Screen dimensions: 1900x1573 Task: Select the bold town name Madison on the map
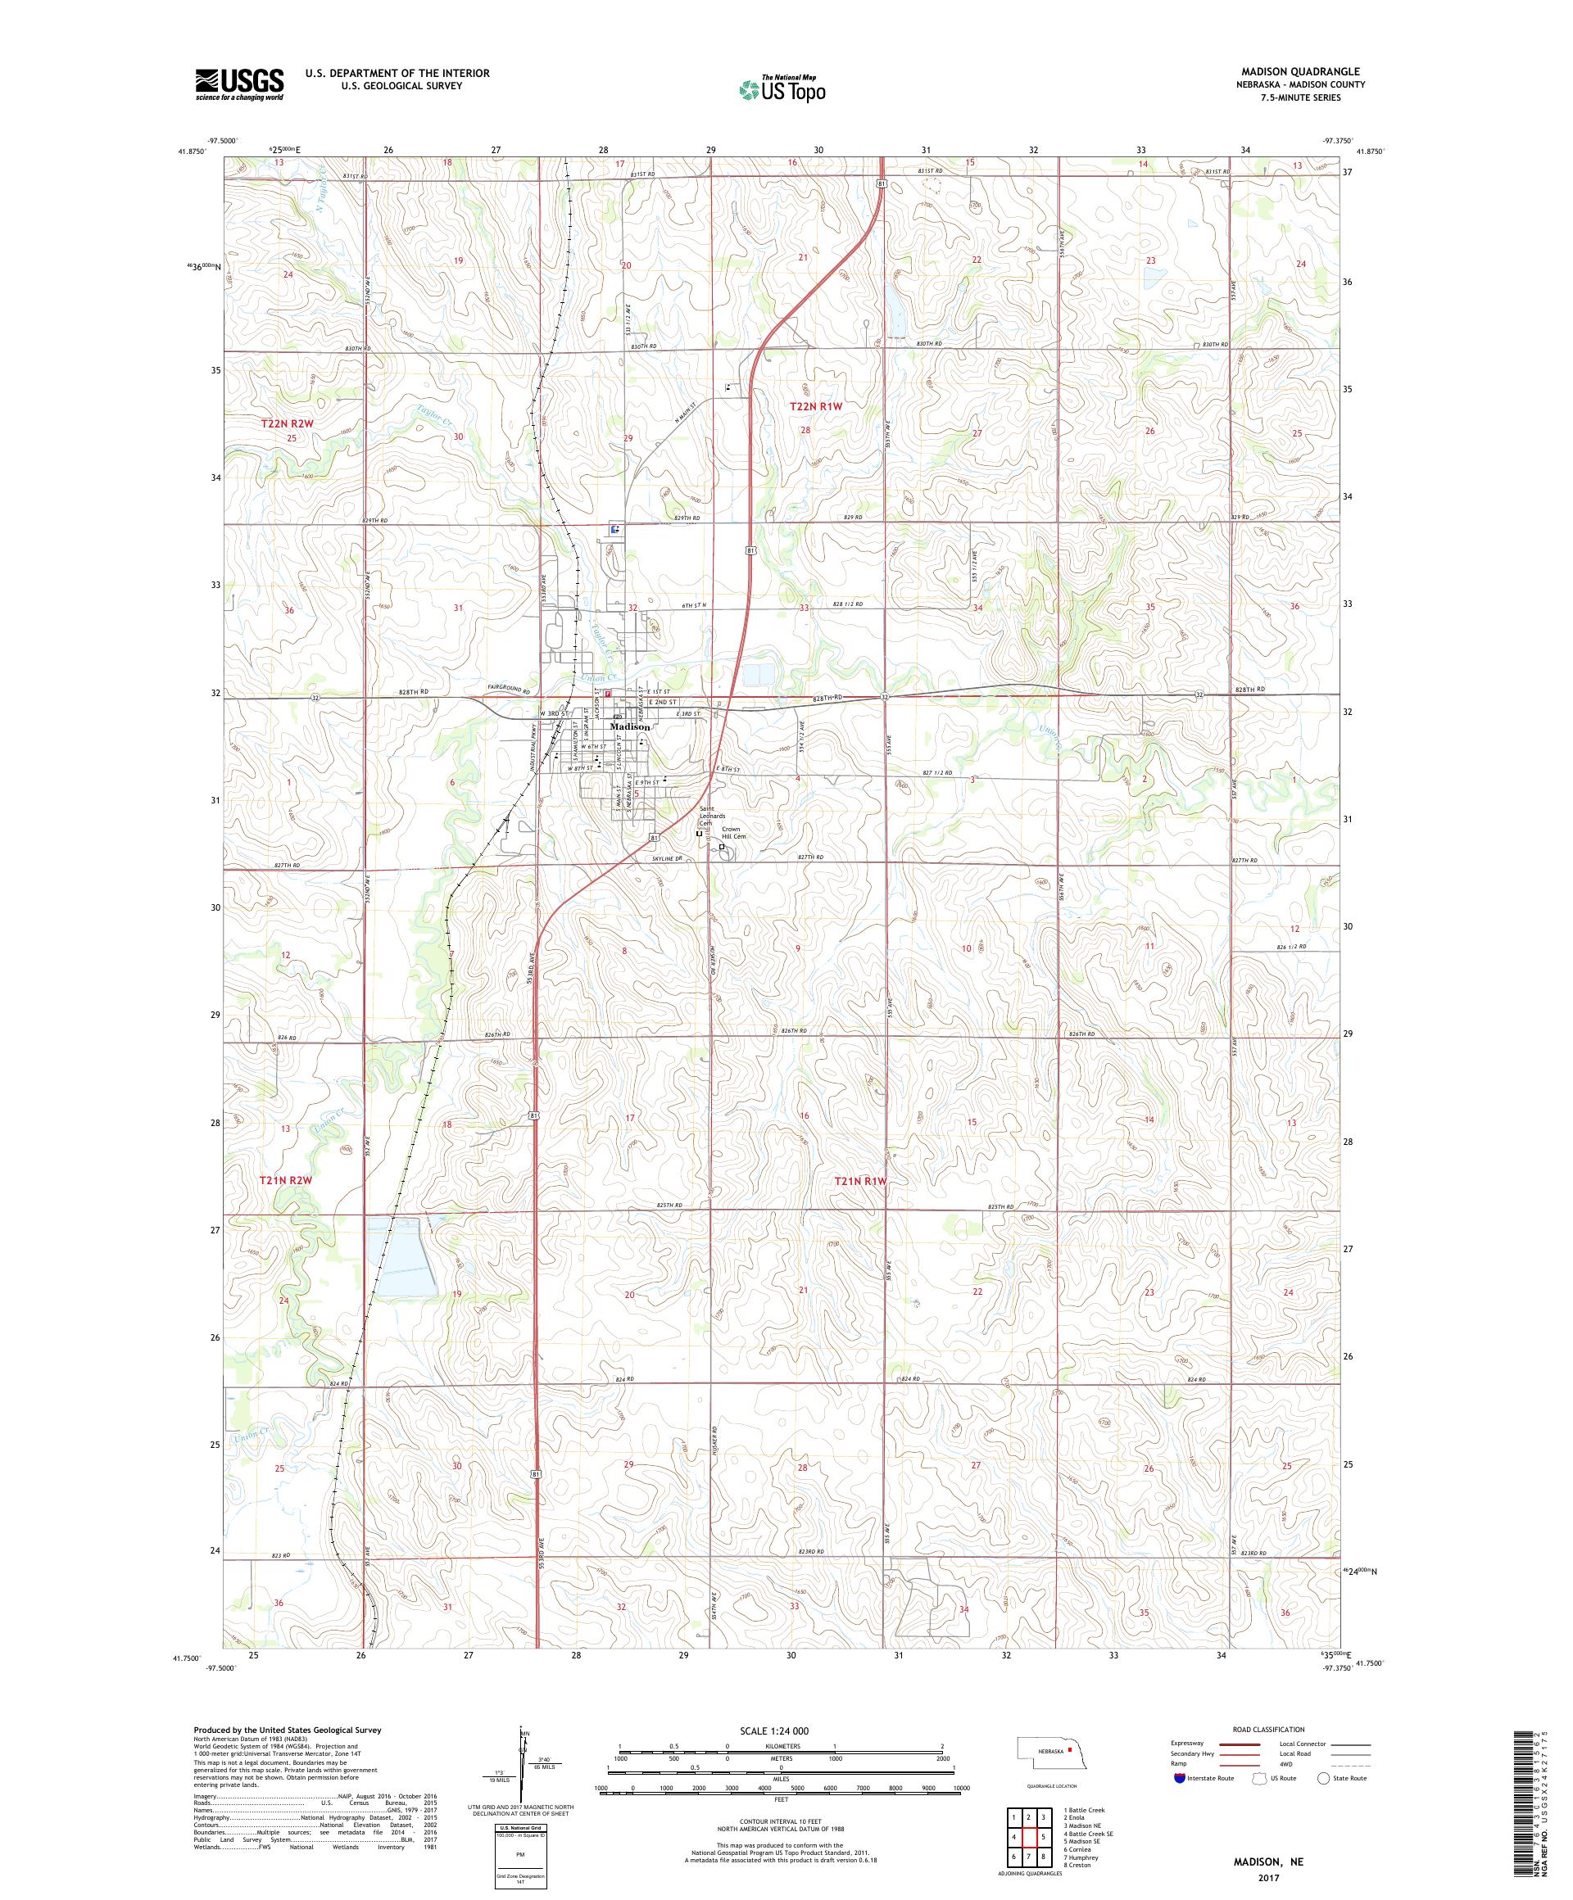coord(629,726)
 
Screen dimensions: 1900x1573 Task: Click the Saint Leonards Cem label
coord(710,815)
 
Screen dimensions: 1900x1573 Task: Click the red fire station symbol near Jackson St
coord(607,694)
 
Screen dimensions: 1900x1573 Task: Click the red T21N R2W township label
coord(285,1180)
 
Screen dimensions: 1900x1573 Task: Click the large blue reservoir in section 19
coord(400,1254)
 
